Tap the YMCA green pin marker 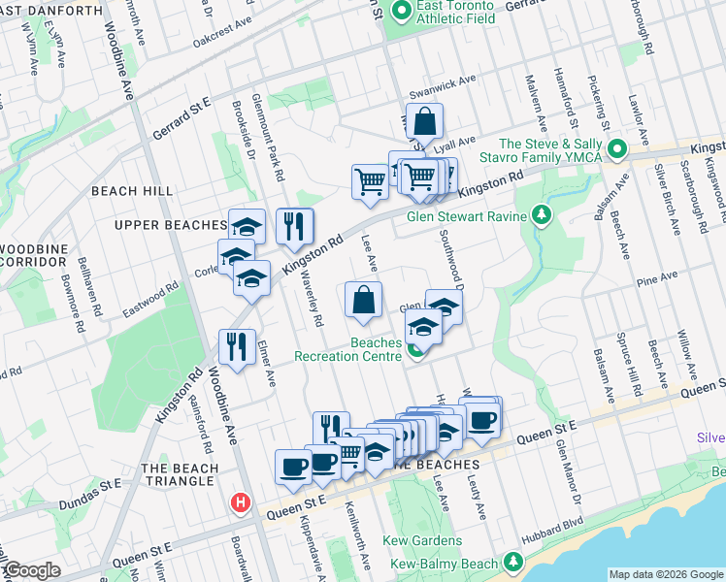pyautogui.click(x=615, y=150)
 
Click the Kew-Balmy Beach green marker pyautogui.click(x=511, y=564)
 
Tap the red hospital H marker pyautogui.click(x=239, y=503)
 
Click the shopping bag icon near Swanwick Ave pyautogui.click(x=424, y=122)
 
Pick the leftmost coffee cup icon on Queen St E pyautogui.click(x=293, y=467)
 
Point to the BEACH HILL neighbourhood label pyautogui.click(x=132, y=191)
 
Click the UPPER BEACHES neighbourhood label pyautogui.click(x=169, y=225)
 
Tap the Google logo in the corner pyautogui.click(x=32, y=571)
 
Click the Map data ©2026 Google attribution pyautogui.click(x=665, y=574)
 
